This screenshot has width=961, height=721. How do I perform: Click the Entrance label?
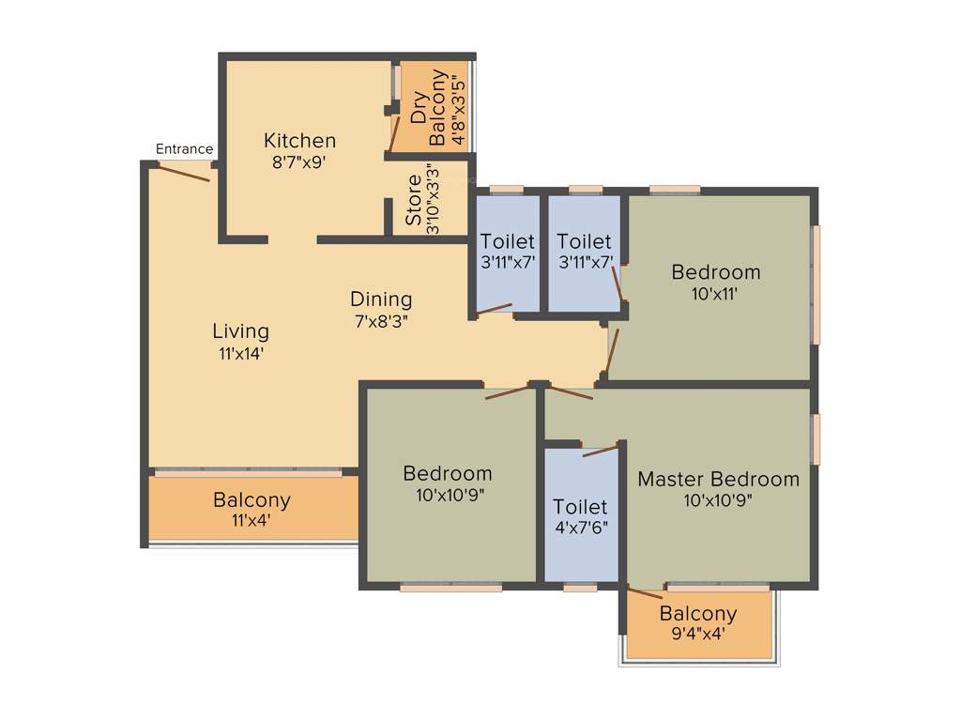(x=184, y=149)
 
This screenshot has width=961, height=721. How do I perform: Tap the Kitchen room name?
(x=299, y=141)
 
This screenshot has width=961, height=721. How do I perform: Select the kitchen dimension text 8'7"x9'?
(x=299, y=161)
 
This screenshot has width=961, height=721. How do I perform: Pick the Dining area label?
(x=381, y=299)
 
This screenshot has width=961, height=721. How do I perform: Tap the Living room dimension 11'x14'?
(x=240, y=354)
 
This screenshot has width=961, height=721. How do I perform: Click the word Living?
(x=240, y=331)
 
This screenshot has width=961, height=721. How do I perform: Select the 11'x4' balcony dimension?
(x=251, y=521)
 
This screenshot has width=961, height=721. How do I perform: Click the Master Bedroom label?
(x=719, y=479)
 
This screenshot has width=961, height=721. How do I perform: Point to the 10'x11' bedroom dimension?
(x=715, y=294)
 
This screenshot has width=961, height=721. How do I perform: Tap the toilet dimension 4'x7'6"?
(x=580, y=528)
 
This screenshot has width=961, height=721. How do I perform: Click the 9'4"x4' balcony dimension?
(x=697, y=635)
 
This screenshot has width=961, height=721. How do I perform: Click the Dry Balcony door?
(x=396, y=132)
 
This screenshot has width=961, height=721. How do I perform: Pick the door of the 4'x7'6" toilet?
(x=601, y=452)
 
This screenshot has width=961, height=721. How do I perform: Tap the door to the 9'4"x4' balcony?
(x=645, y=592)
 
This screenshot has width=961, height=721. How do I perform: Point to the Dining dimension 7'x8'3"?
(x=381, y=320)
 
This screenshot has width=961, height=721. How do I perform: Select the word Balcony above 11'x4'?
(x=252, y=500)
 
